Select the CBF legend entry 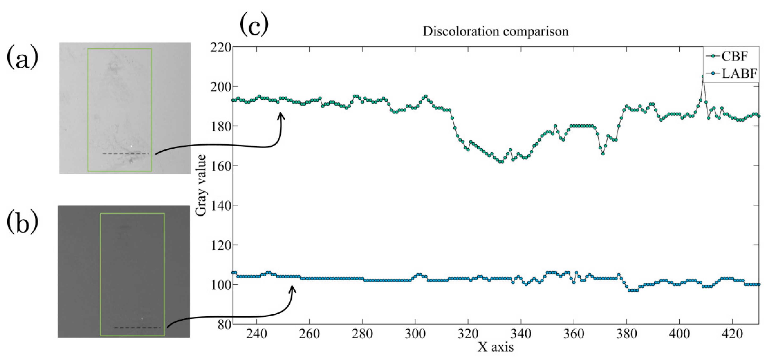(734, 56)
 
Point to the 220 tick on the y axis (221, 47)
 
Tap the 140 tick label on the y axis (221, 205)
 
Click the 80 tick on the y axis (224, 325)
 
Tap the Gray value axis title (201, 186)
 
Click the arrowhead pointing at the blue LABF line (292, 288)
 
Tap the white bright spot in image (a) (131, 146)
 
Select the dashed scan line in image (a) (125, 154)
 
